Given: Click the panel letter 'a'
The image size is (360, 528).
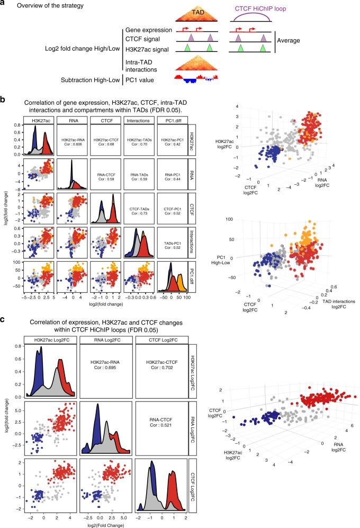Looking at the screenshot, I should pyautogui.click(x=4, y=5).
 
